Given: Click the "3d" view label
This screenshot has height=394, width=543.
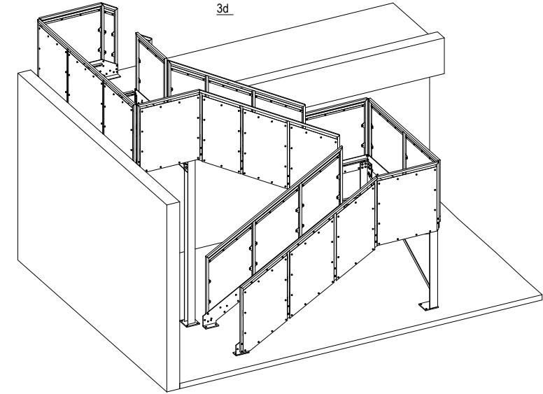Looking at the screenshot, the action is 224,8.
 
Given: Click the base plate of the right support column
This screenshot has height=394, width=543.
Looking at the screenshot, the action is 428,307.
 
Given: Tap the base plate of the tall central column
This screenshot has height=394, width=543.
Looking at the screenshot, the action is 190,323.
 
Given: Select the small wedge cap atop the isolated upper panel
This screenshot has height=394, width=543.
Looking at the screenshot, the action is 148,38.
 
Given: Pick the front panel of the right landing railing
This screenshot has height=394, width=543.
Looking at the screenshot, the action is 407,208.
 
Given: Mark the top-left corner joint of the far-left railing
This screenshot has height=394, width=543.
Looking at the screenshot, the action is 39,20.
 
